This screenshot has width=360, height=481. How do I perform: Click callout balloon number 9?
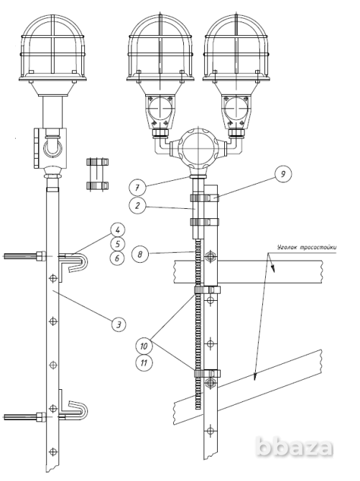click(x=282, y=174)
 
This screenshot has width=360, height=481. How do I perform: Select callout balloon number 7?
click(x=137, y=187)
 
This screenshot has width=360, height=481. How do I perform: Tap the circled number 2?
click(x=137, y=205)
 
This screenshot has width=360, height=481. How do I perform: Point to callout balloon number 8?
click(x=140, y=254)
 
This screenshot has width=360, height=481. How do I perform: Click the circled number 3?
click(x=119, y=324)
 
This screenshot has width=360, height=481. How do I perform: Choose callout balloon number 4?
click(x=118, y=230)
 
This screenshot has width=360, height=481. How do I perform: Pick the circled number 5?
click(x=118, y=244)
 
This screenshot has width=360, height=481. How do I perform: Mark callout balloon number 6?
click(x=118, y=258)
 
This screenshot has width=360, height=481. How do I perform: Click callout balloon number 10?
click(x=144, y=346)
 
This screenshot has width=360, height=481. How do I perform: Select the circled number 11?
click(x=144, y=363)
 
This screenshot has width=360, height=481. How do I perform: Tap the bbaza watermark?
click(x=295, y=447)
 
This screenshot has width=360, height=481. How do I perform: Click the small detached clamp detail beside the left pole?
click(x=98, y=174)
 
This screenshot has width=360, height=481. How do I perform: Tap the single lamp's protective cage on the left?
click(x=52, y=46)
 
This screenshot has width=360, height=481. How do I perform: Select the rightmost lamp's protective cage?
click(x=236, y=46)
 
